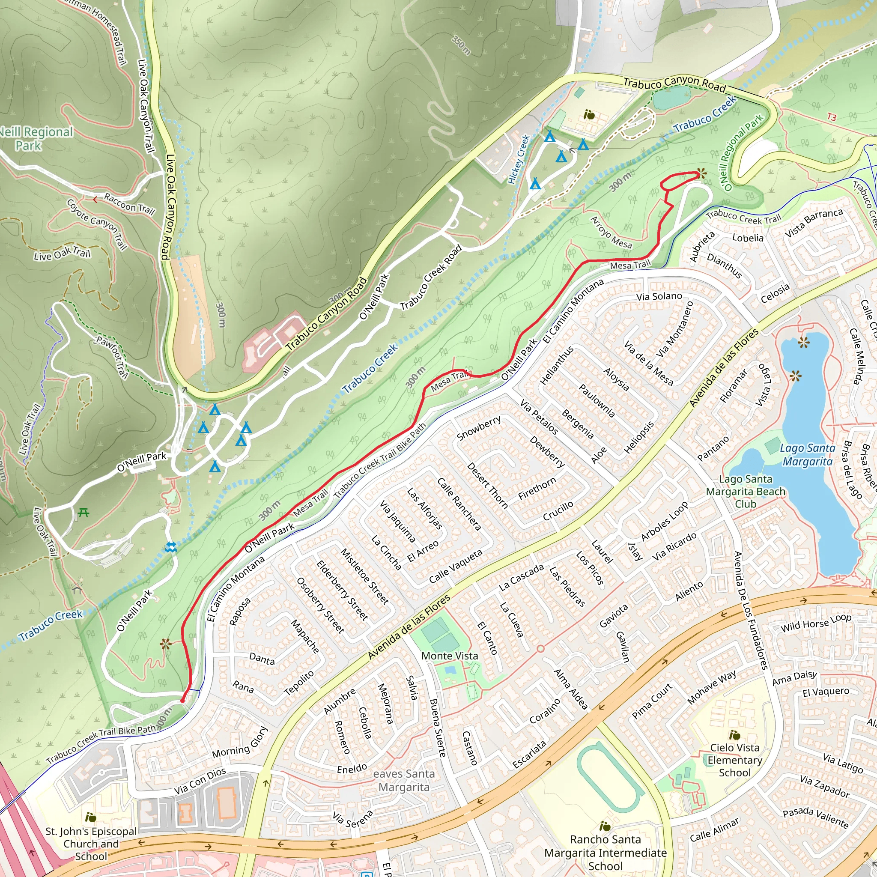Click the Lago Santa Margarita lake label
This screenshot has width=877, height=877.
coord(807,455)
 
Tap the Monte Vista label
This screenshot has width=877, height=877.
coord(449,656)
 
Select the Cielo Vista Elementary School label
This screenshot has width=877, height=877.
coord(734,760)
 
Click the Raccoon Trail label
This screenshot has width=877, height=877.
coord(129,203)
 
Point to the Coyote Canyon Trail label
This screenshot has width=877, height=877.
coord(97,224)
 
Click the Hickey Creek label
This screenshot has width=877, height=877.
coord(519,159)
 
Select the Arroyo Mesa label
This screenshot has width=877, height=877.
coord(611,233)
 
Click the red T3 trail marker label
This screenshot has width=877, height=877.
coord(832,117)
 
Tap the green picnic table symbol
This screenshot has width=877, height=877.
coord(83,513)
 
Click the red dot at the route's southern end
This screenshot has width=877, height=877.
coord(182,701)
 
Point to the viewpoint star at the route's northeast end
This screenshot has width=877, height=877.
coord(702,173)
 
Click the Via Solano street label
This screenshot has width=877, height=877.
coord(659,296)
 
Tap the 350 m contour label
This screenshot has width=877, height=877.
coord(461,45)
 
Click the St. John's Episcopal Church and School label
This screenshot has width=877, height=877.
coord(91,844)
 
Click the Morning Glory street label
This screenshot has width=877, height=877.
coord(241,743)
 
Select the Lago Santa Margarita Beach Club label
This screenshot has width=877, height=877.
coord(746,491)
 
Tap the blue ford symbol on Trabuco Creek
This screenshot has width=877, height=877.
coord(171,547)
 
